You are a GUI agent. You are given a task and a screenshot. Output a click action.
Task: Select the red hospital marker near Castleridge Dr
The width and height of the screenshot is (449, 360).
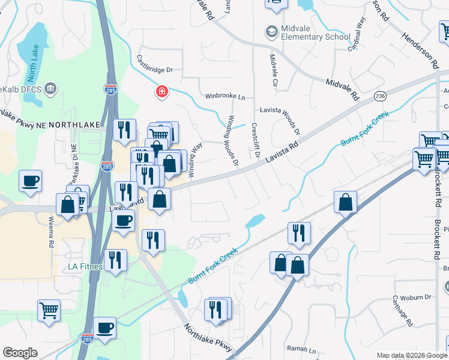[x=161, y=92]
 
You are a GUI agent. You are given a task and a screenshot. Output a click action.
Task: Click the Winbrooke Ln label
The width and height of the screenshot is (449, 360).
[x=225, y=96]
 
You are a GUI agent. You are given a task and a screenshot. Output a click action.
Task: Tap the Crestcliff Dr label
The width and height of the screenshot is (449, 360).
[x=255, y=141]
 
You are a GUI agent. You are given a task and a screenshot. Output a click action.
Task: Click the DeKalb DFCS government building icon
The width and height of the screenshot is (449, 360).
[x=50, y=89]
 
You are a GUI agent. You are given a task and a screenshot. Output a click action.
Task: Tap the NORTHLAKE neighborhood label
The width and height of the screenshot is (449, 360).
[x=72, y=124]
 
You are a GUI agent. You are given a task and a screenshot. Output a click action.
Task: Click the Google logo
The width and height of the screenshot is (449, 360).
[x=20, y=353]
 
